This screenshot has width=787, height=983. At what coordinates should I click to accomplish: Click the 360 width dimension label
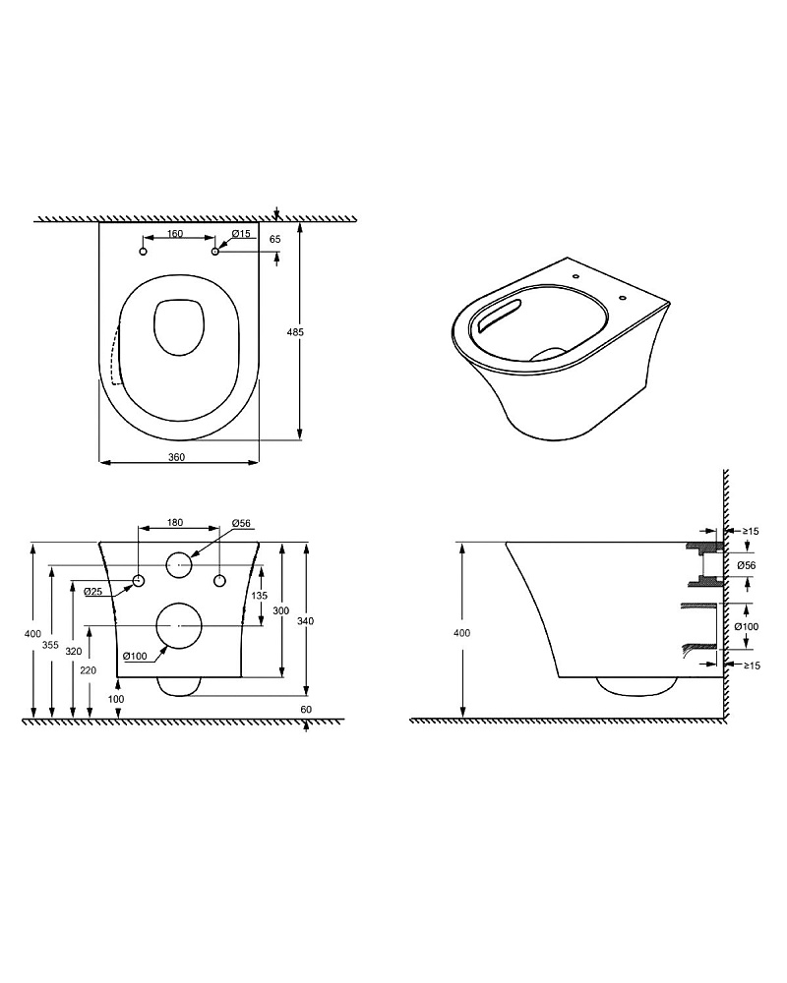click(176, 457)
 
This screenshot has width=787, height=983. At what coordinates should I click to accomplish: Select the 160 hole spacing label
click(175, 234)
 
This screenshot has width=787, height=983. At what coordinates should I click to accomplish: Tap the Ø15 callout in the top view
click(241, 234)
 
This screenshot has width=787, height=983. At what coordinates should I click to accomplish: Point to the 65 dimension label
click(274, 239)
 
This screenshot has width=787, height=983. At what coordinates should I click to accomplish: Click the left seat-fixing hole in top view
click(143, 252)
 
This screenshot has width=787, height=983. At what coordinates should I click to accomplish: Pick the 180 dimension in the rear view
click(175, 522)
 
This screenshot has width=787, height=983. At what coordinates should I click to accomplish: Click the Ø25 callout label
click(92, 591)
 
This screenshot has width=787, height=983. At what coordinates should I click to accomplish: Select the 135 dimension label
click(259, 596)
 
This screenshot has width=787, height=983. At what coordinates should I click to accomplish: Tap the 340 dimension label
click(306, 620)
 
